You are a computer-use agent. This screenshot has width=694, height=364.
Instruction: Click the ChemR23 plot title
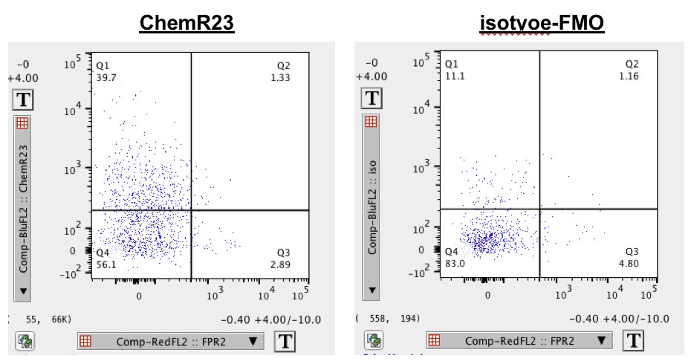click(x=187, y=24)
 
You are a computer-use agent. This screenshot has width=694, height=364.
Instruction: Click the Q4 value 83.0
click(x=455, y=263)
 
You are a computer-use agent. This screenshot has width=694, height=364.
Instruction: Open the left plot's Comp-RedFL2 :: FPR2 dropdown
click(x=171, y=341)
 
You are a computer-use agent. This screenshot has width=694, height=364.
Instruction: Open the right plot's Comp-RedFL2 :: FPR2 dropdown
click(x=519, y=341)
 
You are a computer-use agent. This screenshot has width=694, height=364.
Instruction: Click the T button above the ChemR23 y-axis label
click(x=23, y=100)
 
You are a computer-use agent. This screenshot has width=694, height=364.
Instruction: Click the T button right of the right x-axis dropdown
click(x=633, y=341)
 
